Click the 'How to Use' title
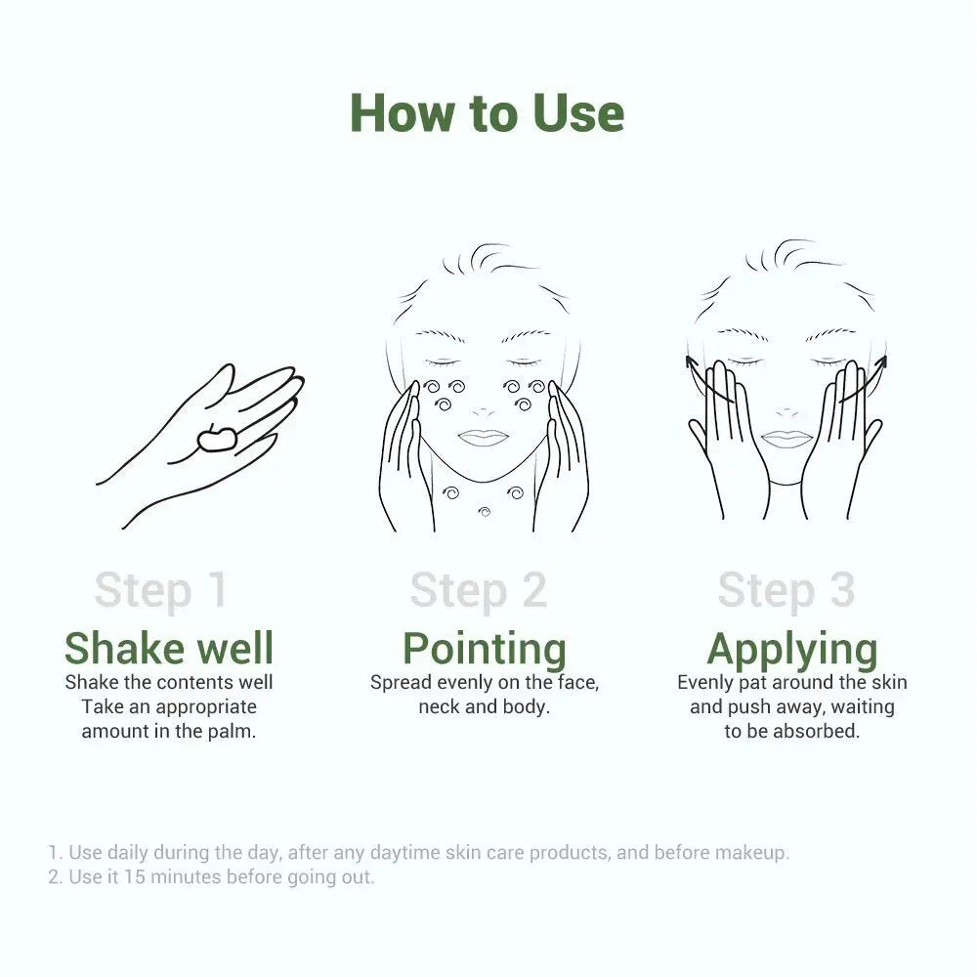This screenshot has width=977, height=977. click(487, 113)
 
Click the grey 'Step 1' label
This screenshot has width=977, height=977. click(161, 590)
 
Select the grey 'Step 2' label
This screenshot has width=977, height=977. click(478, 590)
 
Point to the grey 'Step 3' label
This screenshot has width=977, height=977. click(786, 590)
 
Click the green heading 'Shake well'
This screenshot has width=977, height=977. click(169, 648)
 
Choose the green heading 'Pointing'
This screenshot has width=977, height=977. click(485, 650)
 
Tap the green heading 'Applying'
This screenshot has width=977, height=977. click(791, 650)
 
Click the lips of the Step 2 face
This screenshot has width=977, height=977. click(484, 438)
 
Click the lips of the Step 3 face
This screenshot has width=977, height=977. click(786, 439)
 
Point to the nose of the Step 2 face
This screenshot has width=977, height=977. click(484, 405)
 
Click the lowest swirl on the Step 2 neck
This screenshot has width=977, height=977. click(484, 511)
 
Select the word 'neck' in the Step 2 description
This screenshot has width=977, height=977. click(440, 706)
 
